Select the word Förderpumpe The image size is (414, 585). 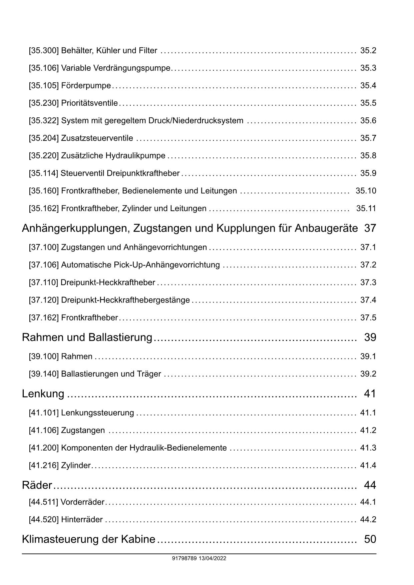point(86,86)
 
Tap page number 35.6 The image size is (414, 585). point(368,121)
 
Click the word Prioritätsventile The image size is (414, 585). point(89,103)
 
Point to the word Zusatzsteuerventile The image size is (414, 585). point(97,138)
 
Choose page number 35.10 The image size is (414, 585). point(366,191)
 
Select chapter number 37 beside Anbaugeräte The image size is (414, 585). point(370,228)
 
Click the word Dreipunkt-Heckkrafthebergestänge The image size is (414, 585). point(125,300)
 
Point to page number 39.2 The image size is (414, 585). point(368,374)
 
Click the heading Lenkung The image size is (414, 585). point(43,394)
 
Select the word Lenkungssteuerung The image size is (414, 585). point(97,413)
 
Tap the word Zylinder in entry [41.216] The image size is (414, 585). point(76,466)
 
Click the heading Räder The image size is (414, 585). point(37,485)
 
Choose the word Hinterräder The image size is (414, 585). point(82,520)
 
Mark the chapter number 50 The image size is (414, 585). point(370,539)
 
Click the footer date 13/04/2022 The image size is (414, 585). point(212,558)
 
